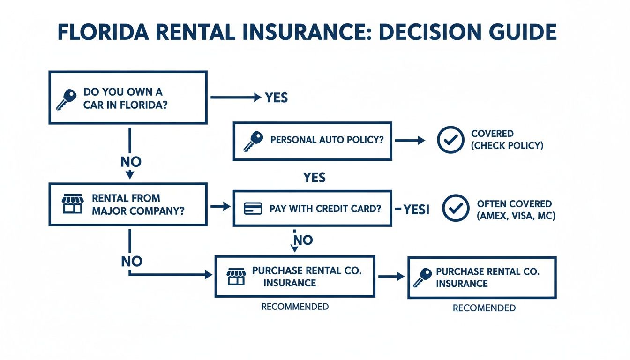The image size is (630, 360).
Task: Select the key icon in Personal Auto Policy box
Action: (x=253, y=141)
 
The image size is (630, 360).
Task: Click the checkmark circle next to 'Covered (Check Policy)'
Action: (x=450, y=140)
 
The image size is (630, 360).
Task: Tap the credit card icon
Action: (x=253, y=209)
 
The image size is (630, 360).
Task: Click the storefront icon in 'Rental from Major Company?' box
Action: (x=73, y=204)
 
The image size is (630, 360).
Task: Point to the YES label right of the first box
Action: (x=276, y=97)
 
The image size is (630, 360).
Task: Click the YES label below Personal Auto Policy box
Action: (x=314, y=178)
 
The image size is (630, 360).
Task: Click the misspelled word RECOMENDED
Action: (x=484, y=308)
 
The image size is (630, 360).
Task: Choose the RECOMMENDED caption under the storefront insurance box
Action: (x=295, y=307)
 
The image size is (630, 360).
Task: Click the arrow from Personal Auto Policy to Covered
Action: (x=410, y=140)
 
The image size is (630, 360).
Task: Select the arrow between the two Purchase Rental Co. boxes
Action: (x=391, y=277)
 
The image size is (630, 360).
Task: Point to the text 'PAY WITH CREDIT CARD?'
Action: (x=325, y=209)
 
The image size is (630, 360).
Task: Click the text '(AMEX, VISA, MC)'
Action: (x=516, y=217)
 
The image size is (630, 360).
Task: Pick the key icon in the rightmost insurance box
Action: (x=422, y=277)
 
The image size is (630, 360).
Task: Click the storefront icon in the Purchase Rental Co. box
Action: (x=236, y=277)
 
